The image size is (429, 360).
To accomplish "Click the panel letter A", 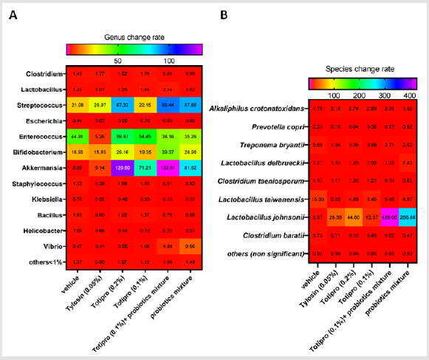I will tap(13, 15).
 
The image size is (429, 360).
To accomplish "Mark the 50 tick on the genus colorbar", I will tap(117, 60).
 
